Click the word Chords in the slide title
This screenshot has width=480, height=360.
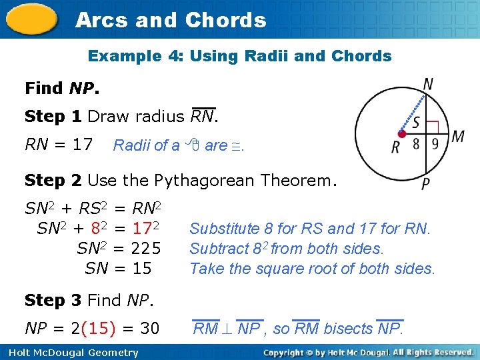point(225,21)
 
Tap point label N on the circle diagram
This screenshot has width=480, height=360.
point(429,85)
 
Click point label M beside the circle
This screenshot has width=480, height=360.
point(457,137)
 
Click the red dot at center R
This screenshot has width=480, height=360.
point(400,134)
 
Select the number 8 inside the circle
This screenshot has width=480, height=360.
point(416,144)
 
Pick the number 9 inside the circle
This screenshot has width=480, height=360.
point(434,144)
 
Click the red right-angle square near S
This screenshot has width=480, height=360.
point(432,126)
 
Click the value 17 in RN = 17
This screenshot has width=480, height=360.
point(83,144)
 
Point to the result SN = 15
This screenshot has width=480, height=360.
point(118,269)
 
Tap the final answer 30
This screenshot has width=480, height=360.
point(149,329)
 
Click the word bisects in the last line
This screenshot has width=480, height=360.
point(347,329)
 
